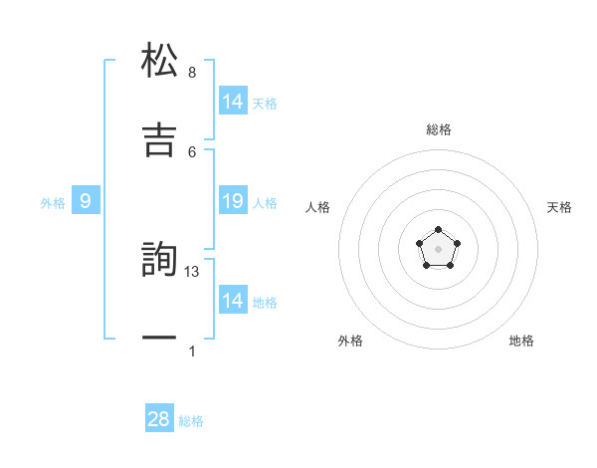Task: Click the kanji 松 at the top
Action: pyautogui.click(x=160, y=61)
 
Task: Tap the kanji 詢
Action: pyautogui.click(x=160, y=260)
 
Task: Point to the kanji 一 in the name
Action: pyautogui.click(x=160, y=339)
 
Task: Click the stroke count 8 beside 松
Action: pyautogui.click(x=192, y=73)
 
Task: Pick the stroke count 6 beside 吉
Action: pyautogui.click(x=192, y=150)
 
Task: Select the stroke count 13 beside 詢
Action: pyautogui.click(x=193, y=272)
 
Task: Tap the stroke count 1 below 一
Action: pyautogui.click(x=192, y=351)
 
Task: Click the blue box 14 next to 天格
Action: pyautogui.click(x=233, y=102)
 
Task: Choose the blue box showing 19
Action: pyautogui.click(x=233, y=202)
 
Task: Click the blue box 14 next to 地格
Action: pyautogui.click(x=233, y=301)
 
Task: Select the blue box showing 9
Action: pyautogui.click(x=86, y=202)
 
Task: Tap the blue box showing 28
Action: pyautogui.click(x=159, y=419)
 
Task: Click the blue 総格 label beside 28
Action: pyautogui.click(x=191, y=421)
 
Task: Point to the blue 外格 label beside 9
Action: pyautogui.click(x=53, y=203)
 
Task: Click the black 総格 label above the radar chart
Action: pyautogui.click(x=439, y=129)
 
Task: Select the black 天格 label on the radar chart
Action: pyautogui.click(x=559, y=207)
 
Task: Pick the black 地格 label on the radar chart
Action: pyautogui.click(x=521, y=341)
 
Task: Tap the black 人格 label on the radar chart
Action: pyautogui.click(x=318, y=207)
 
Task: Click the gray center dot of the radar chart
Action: pyautogui.click(x=439, y=249)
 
